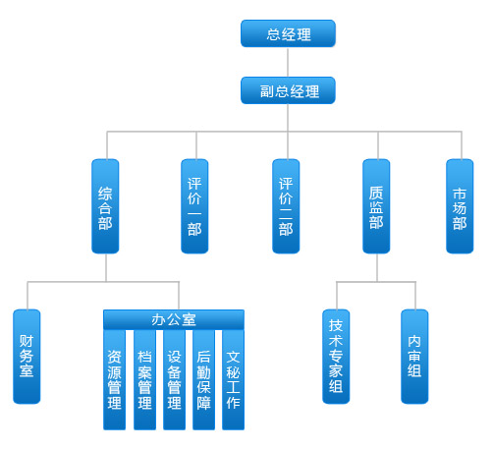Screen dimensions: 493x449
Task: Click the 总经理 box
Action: click(x=288, y=33)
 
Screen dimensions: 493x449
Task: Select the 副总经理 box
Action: click(x=288, y=90)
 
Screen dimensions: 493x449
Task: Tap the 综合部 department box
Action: click(x=105, y=206)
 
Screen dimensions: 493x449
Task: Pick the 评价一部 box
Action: click(x=194, y=206)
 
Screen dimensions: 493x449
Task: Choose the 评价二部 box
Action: click(x=286, y=206)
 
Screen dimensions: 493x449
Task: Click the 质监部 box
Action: click(x=376, y=206)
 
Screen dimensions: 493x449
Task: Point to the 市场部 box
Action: click(x=460, y=206)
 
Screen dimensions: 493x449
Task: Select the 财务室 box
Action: click(x=27, y=357)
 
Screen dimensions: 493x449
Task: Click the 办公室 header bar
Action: click(x=174, y=319)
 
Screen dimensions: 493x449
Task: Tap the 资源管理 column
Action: click(x=115, y=379)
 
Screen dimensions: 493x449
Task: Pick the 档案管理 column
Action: click(x=144, y=379)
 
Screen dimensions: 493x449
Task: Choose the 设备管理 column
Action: click(x=174, y=379)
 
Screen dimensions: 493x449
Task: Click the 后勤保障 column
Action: click(x=203, y=379)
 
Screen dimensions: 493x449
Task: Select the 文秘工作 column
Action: click(x=233, y=379)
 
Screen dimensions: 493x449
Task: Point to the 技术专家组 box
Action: click(x=336, y=357)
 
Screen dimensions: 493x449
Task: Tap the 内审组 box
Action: click(x=414, y=357)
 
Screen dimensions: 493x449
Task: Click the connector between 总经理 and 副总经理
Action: click(x=288, y=62)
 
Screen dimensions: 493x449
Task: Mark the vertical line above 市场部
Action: click(x=462, y=145)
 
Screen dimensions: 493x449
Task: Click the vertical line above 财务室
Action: click(x=27, y=296)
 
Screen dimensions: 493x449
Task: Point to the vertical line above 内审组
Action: click(x=415, y=296)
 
